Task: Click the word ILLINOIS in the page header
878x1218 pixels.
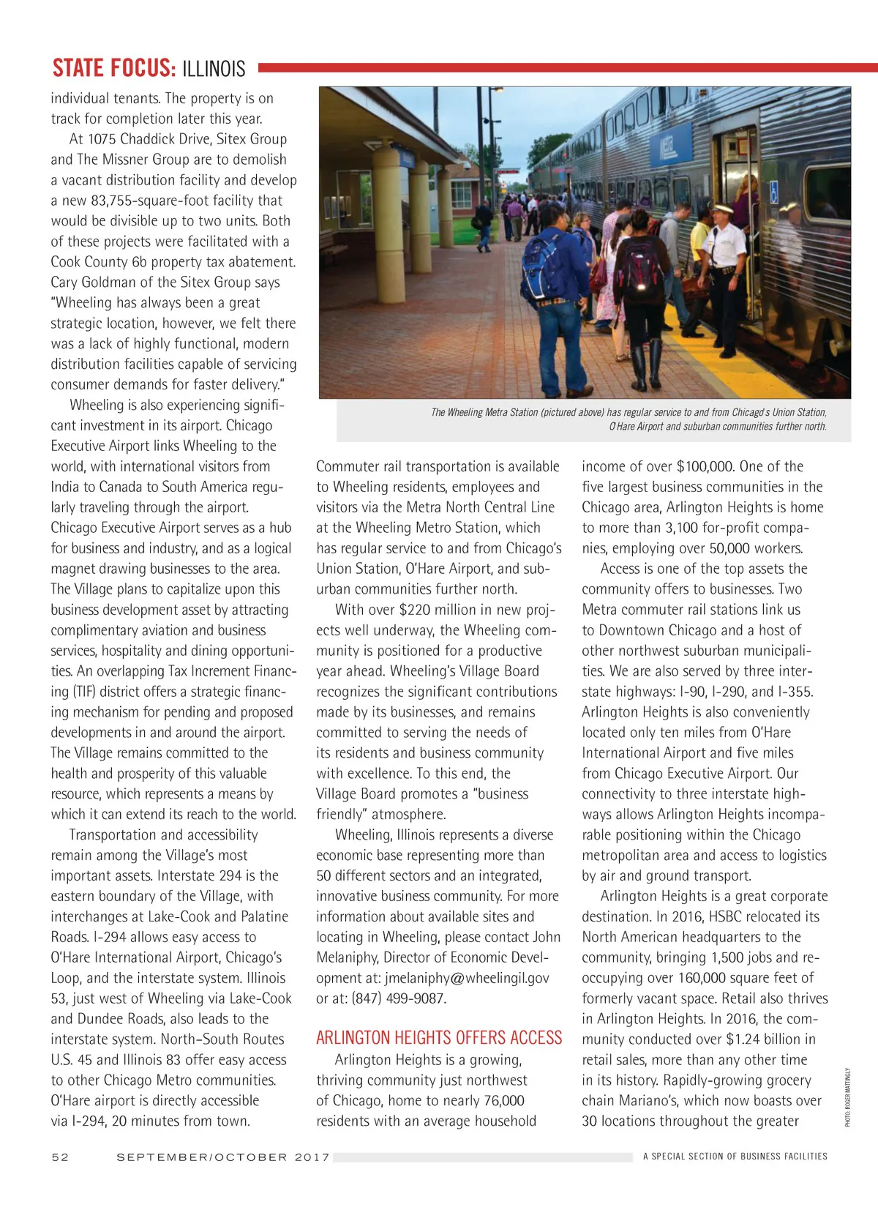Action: tap(214, 69)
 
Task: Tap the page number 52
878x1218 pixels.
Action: tap(60, 1157)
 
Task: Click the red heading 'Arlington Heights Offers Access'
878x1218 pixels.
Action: tap(439, 1037)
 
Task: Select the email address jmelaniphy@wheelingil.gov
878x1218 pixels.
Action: tap(467, 978)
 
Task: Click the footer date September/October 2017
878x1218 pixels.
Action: tap(223, 1157)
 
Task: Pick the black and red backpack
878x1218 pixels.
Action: tap(639, 266)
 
